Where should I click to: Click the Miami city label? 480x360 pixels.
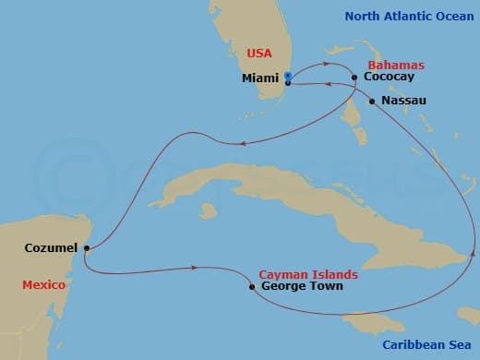(260, 78)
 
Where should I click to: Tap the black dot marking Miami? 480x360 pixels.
(288, 82)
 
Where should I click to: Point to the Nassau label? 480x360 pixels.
(403, 100)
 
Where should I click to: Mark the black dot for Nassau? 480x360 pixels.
(372, 101)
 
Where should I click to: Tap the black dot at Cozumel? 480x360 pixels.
(85, 247)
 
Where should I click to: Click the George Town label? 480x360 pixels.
(302, 286)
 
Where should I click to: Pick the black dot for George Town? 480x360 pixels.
(252, 286)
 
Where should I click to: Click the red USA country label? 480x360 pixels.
(259, 54)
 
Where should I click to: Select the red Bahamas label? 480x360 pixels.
(396, 66)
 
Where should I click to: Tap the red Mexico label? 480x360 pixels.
(43, 285)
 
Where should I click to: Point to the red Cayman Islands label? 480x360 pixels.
(308, 274)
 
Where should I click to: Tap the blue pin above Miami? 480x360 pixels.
(288, 76)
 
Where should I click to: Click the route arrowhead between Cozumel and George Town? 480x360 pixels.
(196, 268)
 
